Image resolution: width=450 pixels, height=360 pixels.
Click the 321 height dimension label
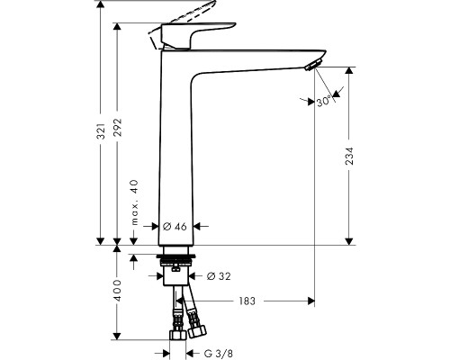click(102, 130)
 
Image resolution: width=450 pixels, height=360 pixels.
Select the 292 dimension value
click(118, 127)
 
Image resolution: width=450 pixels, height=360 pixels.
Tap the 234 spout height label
click(349, 156)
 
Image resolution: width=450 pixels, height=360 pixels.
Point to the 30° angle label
click(324, 102)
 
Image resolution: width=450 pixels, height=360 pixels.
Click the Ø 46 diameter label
click(175, 227)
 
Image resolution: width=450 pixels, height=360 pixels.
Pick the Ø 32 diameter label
click(219, 276)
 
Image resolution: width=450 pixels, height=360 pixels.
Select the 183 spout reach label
click(247, 301)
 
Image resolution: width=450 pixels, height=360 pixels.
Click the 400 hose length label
click(118, 291)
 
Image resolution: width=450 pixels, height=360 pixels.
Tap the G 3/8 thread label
click(218, 353)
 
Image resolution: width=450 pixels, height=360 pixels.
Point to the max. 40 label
click(135, 202)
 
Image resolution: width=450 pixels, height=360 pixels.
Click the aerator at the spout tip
click(312, 65)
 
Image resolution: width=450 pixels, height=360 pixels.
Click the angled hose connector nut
click(197, 331)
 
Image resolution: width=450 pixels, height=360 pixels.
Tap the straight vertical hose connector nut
click(178, 335)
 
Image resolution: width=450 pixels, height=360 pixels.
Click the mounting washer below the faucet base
click(176, 257)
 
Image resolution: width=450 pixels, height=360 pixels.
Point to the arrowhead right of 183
click(311, 301)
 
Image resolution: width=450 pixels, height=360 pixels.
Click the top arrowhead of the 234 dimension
click(348, 71)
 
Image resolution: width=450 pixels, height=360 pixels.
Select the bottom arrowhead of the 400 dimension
click(117, 336)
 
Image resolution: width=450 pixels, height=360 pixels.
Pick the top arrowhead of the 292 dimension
click(117, 26)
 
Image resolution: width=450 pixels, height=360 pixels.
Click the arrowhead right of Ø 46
click(197, 226)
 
